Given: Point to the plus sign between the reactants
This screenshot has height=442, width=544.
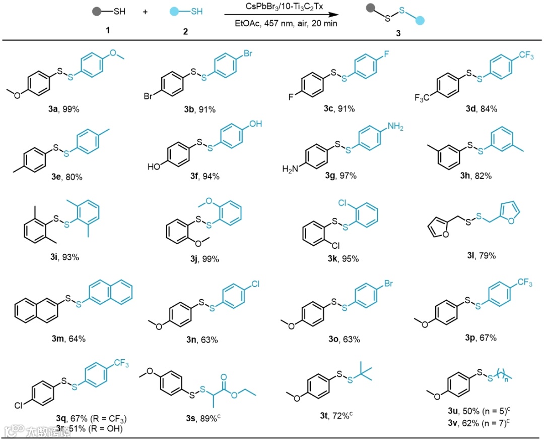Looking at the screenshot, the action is click(x=145, y=12).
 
